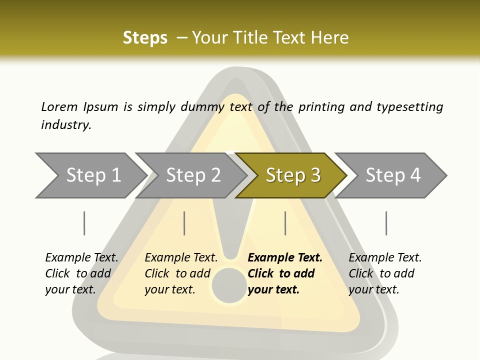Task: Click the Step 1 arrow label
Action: pos(93,175)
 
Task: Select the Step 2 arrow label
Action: pos(193,175)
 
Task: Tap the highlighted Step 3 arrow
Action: pos(293,175)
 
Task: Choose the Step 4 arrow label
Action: pos(393,175)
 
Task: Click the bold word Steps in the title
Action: pos(145,37)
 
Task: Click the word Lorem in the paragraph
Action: pos(59,106)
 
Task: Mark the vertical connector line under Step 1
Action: pos(84,223)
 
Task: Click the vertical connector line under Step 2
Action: pos(184,223)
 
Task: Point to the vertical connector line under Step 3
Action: pos(285,223)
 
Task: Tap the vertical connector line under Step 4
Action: pos(386,223)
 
